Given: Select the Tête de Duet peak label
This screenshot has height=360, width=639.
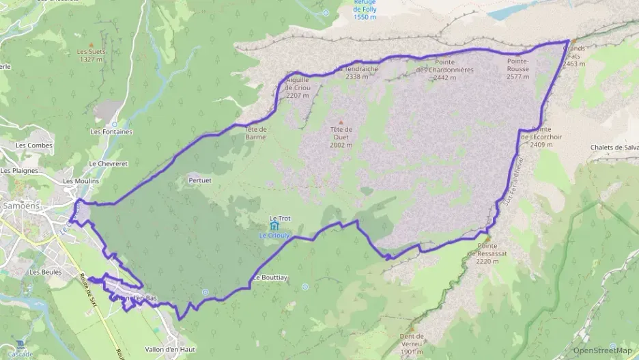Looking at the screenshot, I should point(341,137).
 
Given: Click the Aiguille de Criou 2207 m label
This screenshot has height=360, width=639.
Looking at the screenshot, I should point(298,87).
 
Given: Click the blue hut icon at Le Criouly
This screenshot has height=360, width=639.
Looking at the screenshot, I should point(274,226).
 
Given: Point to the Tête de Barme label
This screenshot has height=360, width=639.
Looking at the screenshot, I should point(255,133).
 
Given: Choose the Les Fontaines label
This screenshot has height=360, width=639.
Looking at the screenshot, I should point(111,131).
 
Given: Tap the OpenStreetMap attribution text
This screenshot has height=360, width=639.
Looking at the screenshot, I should point(601,350).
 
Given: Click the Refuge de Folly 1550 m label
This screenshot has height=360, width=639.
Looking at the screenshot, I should point(366,11).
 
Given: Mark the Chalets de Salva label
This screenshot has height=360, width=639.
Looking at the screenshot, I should point(614,148).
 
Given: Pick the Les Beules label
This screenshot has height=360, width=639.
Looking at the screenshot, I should point(46,272).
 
